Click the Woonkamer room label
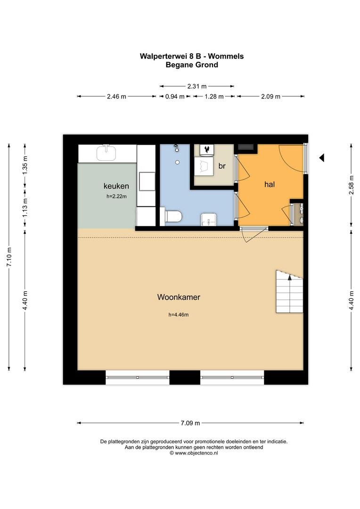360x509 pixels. (179, 297)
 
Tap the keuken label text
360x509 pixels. (116, 186)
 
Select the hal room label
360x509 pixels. (270, 184)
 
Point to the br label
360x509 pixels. (222, 166)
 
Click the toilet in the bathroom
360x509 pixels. (173, 216)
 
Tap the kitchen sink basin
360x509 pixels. (106, 153)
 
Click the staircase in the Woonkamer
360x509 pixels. (289, 292)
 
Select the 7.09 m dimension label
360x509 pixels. (190, 423)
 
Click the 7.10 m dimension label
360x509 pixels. (9, 257)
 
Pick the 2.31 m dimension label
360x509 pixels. (196, 86)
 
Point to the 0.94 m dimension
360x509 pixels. (175, 97)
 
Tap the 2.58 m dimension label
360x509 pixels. (351, 185)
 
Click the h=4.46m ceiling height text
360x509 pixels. (179, 314)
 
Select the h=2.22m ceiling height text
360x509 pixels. (116, 196)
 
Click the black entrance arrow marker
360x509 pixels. (322, 158)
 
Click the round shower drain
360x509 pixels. (178, 162)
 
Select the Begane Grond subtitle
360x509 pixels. (192, 65)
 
